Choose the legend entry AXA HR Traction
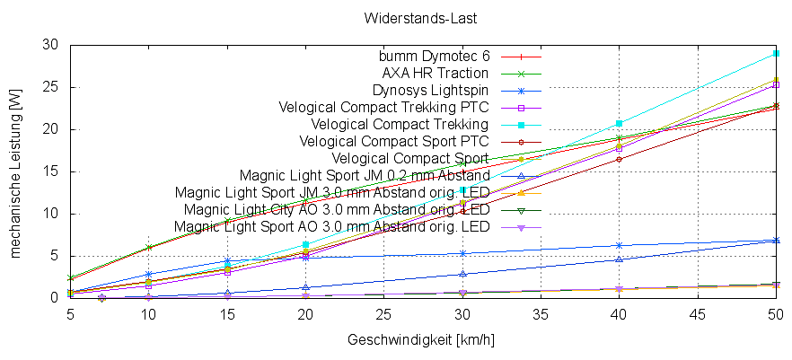pyautogui.click(x=436, y=73)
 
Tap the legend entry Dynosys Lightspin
pyautogui.click(x=430, y=90)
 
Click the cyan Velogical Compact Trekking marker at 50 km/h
pyautogui.click(x=776, y=54)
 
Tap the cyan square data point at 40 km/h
pyautogui.click(x=619, y=123)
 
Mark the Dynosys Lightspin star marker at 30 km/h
pyautogui.click(x=462, y=253)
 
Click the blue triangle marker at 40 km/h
pyautogui.click(x=619, y=259)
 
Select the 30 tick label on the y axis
pyautogui.click(x=51, y=45)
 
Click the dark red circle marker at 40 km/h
pyautogui.click(x=619, y=159)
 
